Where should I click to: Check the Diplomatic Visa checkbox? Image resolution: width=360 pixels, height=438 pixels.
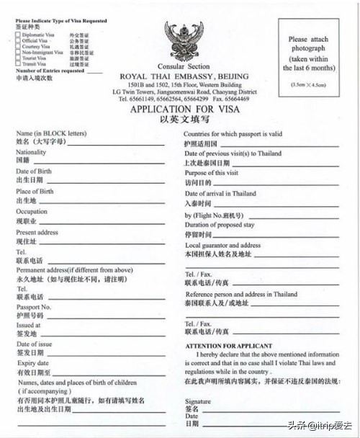click(x=18, y=34)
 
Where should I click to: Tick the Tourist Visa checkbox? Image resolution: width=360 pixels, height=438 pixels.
click(x=18, y=58)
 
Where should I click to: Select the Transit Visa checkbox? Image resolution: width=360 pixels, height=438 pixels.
click(x=18, y=63)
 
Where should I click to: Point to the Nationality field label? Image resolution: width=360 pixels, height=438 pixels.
click(x=31, y=153)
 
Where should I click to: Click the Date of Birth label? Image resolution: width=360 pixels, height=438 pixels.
click(x=33, y=171)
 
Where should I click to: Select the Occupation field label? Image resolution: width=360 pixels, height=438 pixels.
click(x=32, y=212)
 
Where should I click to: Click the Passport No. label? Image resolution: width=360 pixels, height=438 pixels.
click(x=33, y=307)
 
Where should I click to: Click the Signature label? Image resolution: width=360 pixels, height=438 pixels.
click(x=197, y=401)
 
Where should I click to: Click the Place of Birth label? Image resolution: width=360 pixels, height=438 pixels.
click(x=35, y=192)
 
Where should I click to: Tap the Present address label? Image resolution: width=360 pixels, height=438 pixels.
click(x=37, y=233)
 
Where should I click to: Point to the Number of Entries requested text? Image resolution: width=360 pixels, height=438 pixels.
click(x=50, y=71)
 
